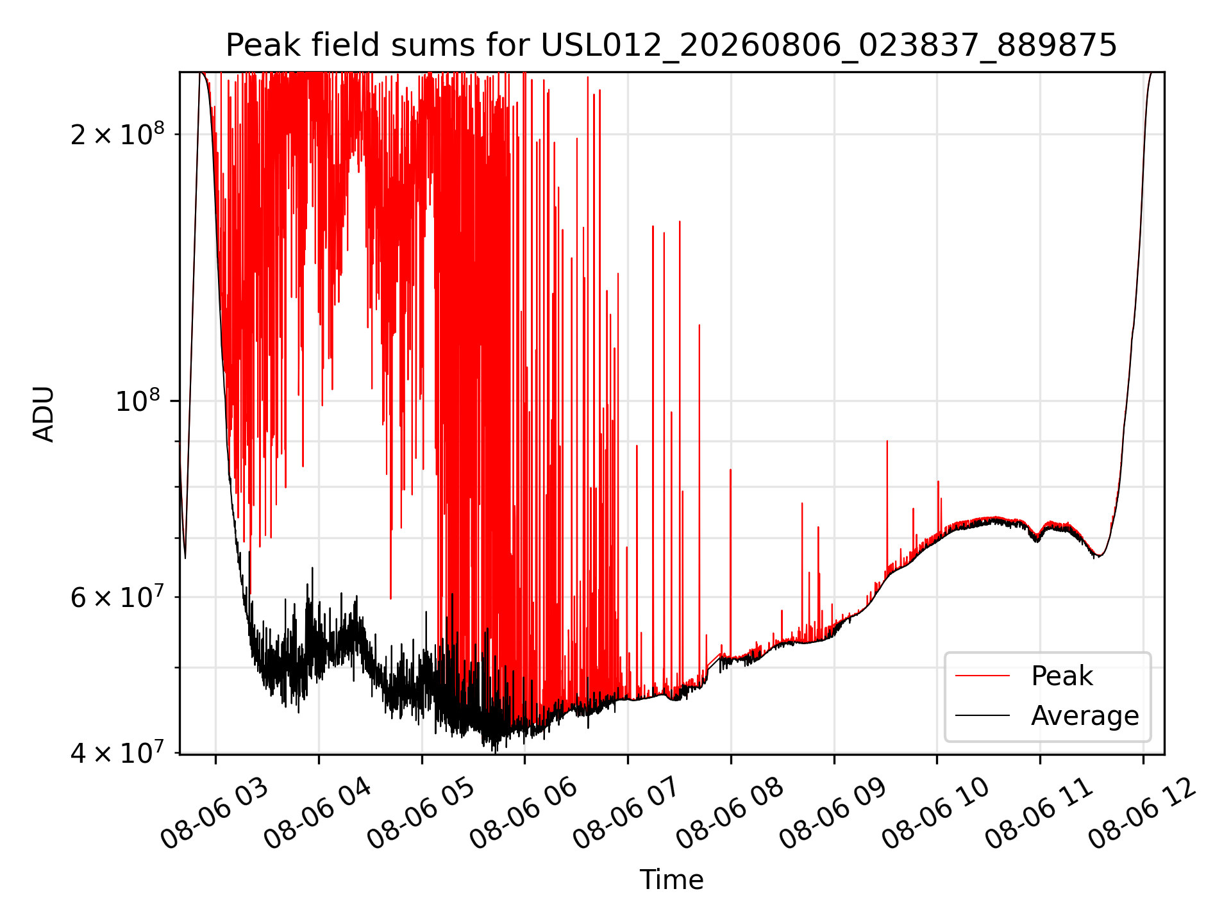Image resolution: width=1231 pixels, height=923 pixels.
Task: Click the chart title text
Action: [671, 46]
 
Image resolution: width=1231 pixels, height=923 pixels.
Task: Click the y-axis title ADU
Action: [44, 413]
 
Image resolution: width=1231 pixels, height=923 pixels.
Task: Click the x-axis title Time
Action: [671, 879]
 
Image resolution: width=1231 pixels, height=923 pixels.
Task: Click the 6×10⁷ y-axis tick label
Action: [117, 597]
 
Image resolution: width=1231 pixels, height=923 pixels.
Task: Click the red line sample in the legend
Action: [982, 676]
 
